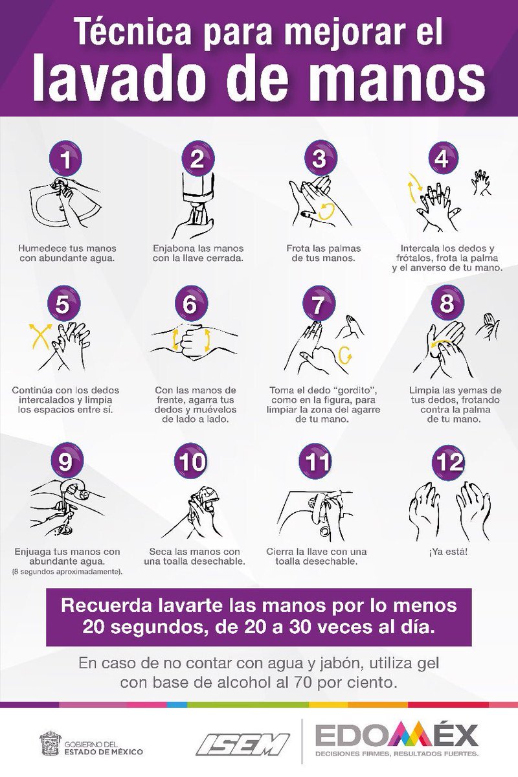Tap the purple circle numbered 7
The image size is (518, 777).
(x=319, y=304)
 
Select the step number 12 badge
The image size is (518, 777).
(x=448, y=460)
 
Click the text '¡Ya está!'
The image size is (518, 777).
(x=448, y=552)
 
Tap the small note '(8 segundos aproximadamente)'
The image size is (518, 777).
(x=67, y=572)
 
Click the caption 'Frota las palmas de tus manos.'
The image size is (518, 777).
(x=323, y=253)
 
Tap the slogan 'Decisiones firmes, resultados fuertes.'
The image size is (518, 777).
(x=396, y=754)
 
